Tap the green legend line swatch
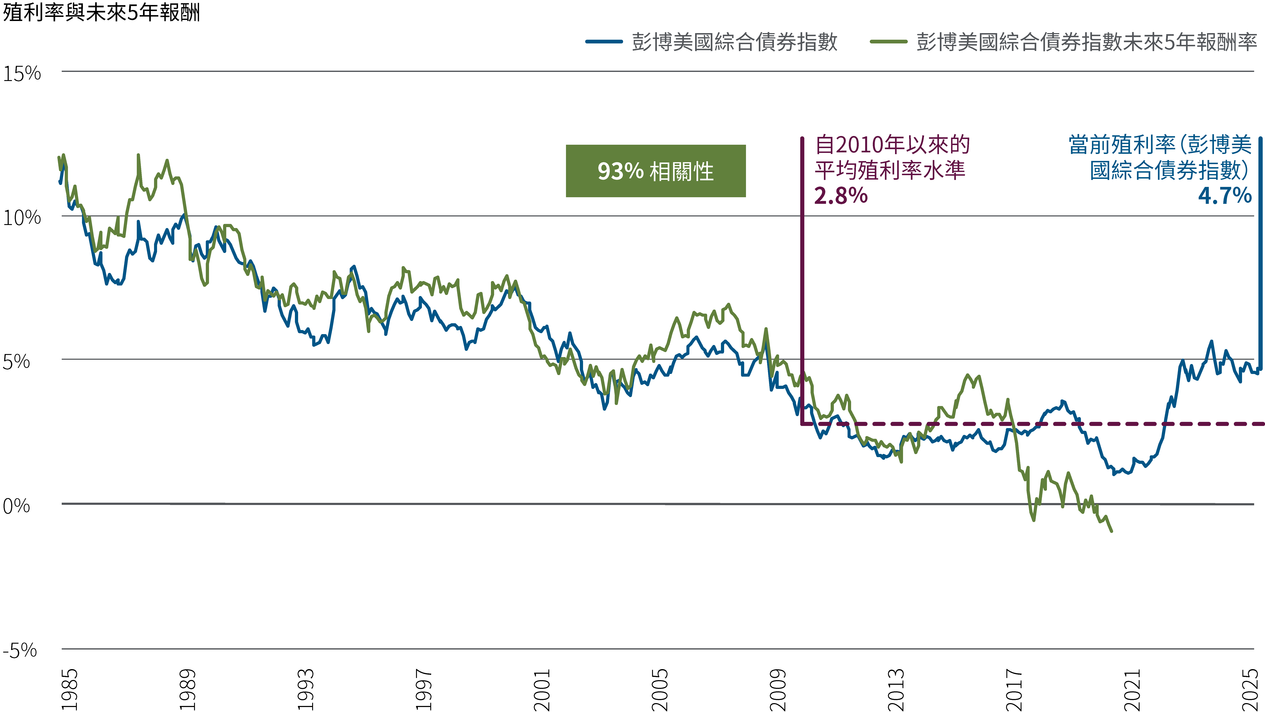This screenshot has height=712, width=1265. (888, 42)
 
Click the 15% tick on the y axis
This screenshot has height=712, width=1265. (22, 74)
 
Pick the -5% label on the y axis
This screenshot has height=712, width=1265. (20, 650)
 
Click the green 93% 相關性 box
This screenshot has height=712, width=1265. (656, 171)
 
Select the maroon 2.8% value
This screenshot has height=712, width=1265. (841, 196)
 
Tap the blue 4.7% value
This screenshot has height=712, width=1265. (1225, 196)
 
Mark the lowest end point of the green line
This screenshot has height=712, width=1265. (1111, 531)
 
